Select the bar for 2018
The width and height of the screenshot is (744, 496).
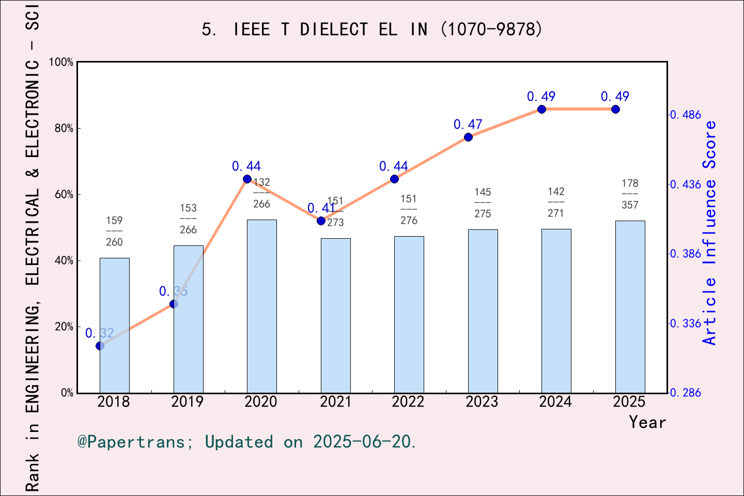114,326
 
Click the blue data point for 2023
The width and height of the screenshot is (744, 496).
468,137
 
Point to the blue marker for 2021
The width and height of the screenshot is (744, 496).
321,221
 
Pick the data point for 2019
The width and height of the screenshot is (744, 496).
174,304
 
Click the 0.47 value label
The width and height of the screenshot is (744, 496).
468,125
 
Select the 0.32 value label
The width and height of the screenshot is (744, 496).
99,333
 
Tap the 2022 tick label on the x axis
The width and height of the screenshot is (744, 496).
408,402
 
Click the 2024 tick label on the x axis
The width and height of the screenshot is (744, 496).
555,402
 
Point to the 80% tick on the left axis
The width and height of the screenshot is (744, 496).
64,129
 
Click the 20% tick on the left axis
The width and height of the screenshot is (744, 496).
64,327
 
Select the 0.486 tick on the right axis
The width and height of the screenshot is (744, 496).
686,115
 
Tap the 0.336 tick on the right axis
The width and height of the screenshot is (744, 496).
686,323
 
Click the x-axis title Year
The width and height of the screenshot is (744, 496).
647,422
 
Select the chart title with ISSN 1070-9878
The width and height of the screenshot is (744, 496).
372,29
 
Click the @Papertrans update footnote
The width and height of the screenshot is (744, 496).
247,442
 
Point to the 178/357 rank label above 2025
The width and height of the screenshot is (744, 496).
630,194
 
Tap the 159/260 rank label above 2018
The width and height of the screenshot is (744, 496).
114,231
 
